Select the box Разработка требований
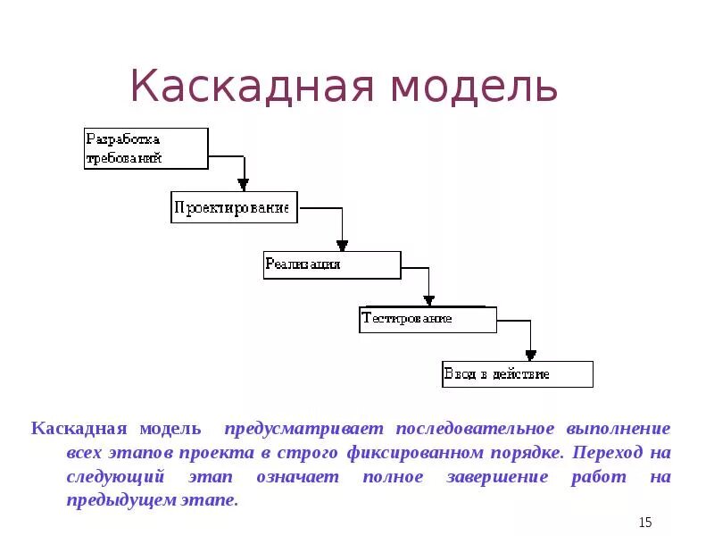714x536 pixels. [146, 148]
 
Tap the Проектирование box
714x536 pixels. [233, 207]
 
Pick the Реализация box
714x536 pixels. [331, 265]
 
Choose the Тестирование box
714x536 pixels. [428, 319]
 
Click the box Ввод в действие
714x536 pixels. [517, 373]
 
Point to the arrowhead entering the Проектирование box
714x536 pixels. [244, 185]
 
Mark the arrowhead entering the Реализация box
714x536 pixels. [341, 246]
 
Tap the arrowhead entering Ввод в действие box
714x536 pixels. [530, 355]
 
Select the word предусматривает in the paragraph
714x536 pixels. [304, 429]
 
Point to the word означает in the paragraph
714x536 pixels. [297, 477]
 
